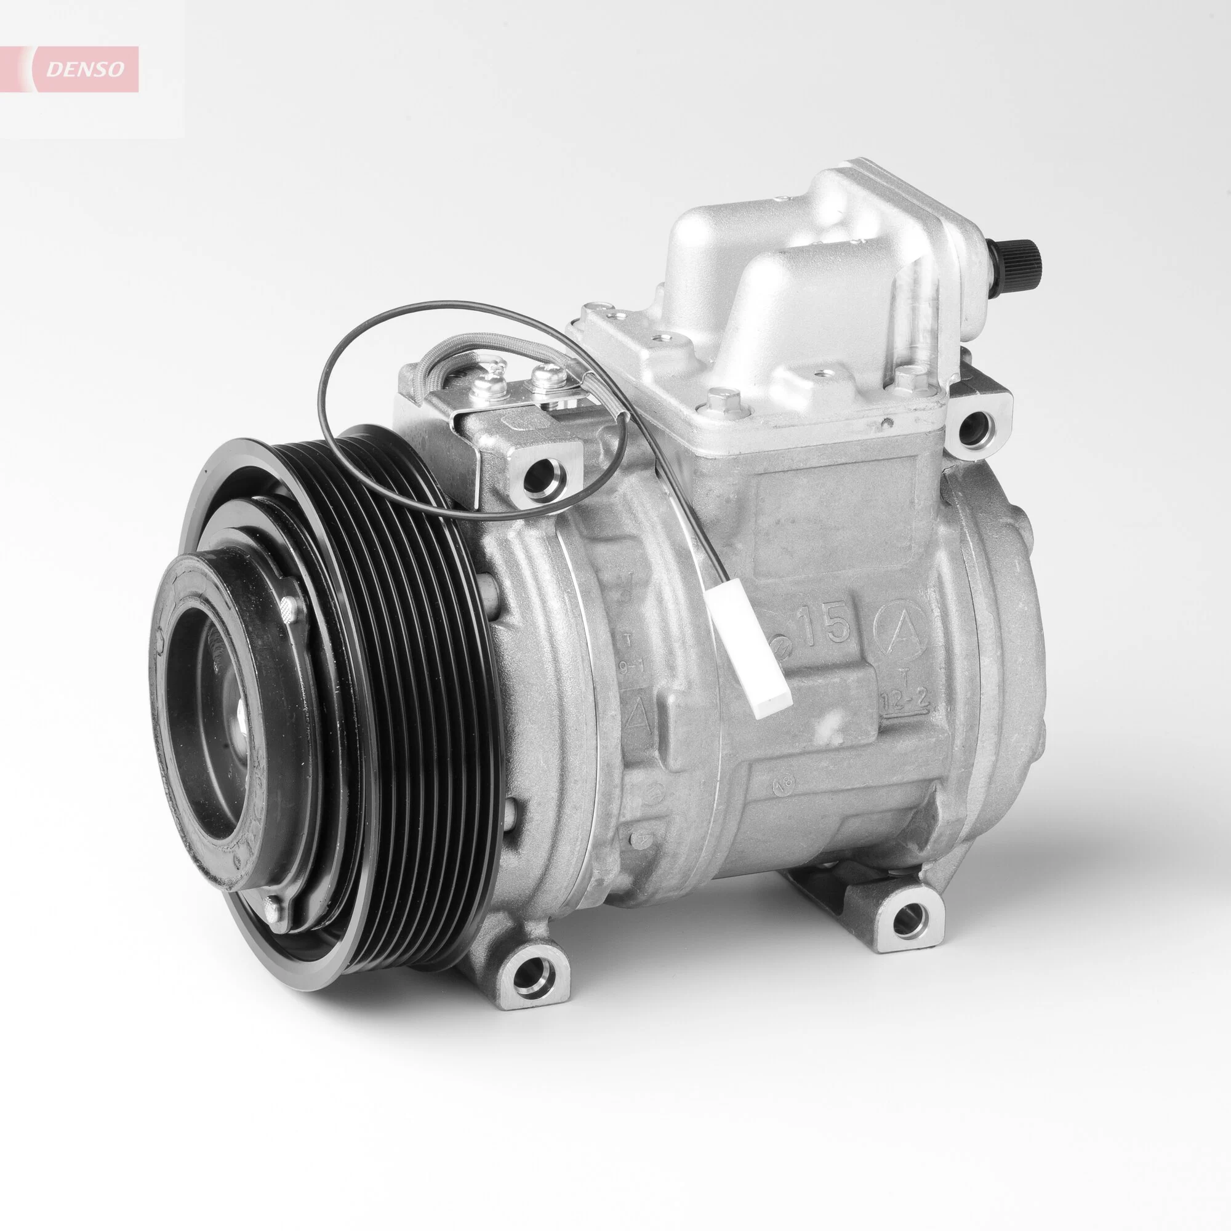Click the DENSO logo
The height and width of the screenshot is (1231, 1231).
point(86,70)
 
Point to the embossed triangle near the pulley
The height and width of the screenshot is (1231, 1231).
point(639,716)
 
